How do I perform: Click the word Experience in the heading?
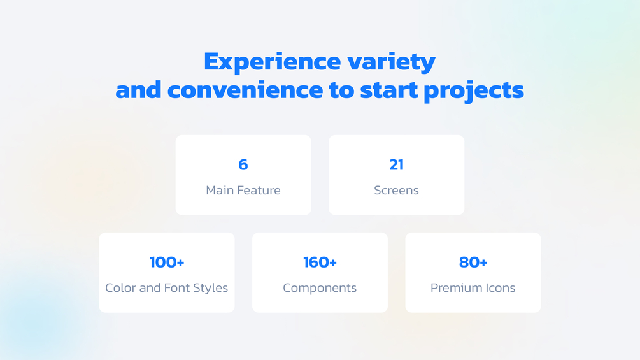[x=273, y=62]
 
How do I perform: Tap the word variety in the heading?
[x=392, y=62]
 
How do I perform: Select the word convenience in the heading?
[x=245, y=90]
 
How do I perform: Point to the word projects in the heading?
[x=474, y=91]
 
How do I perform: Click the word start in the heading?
[x=389, y=90]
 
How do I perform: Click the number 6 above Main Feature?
[x=243, y=164]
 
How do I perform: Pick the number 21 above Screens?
[x=396, y=164]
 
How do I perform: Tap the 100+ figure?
[x=167, y=262]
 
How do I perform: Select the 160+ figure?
[x=320, y=262]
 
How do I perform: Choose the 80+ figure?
[x=473, y=262]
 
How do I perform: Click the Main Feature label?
[x=243, y=191]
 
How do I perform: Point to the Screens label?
[x=396, y=191]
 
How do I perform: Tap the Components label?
[x=320, y=288]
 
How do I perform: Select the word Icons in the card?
[x=499, y=288]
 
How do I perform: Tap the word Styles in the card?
[x=211, y=288]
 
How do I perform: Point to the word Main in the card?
[x=219, y=191]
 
